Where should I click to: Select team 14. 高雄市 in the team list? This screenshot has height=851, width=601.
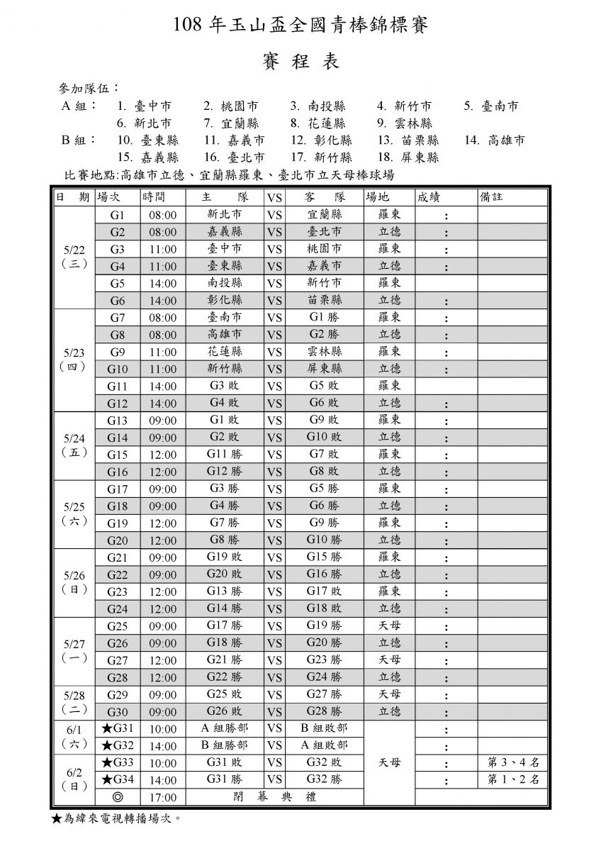coord(495,140)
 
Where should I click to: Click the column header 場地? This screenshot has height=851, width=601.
coord(378,197)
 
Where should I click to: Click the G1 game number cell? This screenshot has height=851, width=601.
coord(117,214)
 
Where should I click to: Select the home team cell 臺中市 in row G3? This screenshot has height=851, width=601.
coord(224,249)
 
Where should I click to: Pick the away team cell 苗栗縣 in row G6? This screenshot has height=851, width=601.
coord(325,301)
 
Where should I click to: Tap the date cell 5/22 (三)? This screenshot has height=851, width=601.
coord(74,257)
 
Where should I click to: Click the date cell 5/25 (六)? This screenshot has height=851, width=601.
coord(74,513)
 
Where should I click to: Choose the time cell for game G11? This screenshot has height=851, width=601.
coord(162,386)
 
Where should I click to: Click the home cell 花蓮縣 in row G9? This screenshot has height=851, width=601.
coord(224,352)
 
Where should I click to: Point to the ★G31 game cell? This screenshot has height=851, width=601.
coord(117,728)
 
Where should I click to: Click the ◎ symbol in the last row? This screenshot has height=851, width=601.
coord(117,797)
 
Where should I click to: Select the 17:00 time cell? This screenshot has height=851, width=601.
coord(162,797)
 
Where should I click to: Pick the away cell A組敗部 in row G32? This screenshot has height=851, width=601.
coord(325,745)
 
